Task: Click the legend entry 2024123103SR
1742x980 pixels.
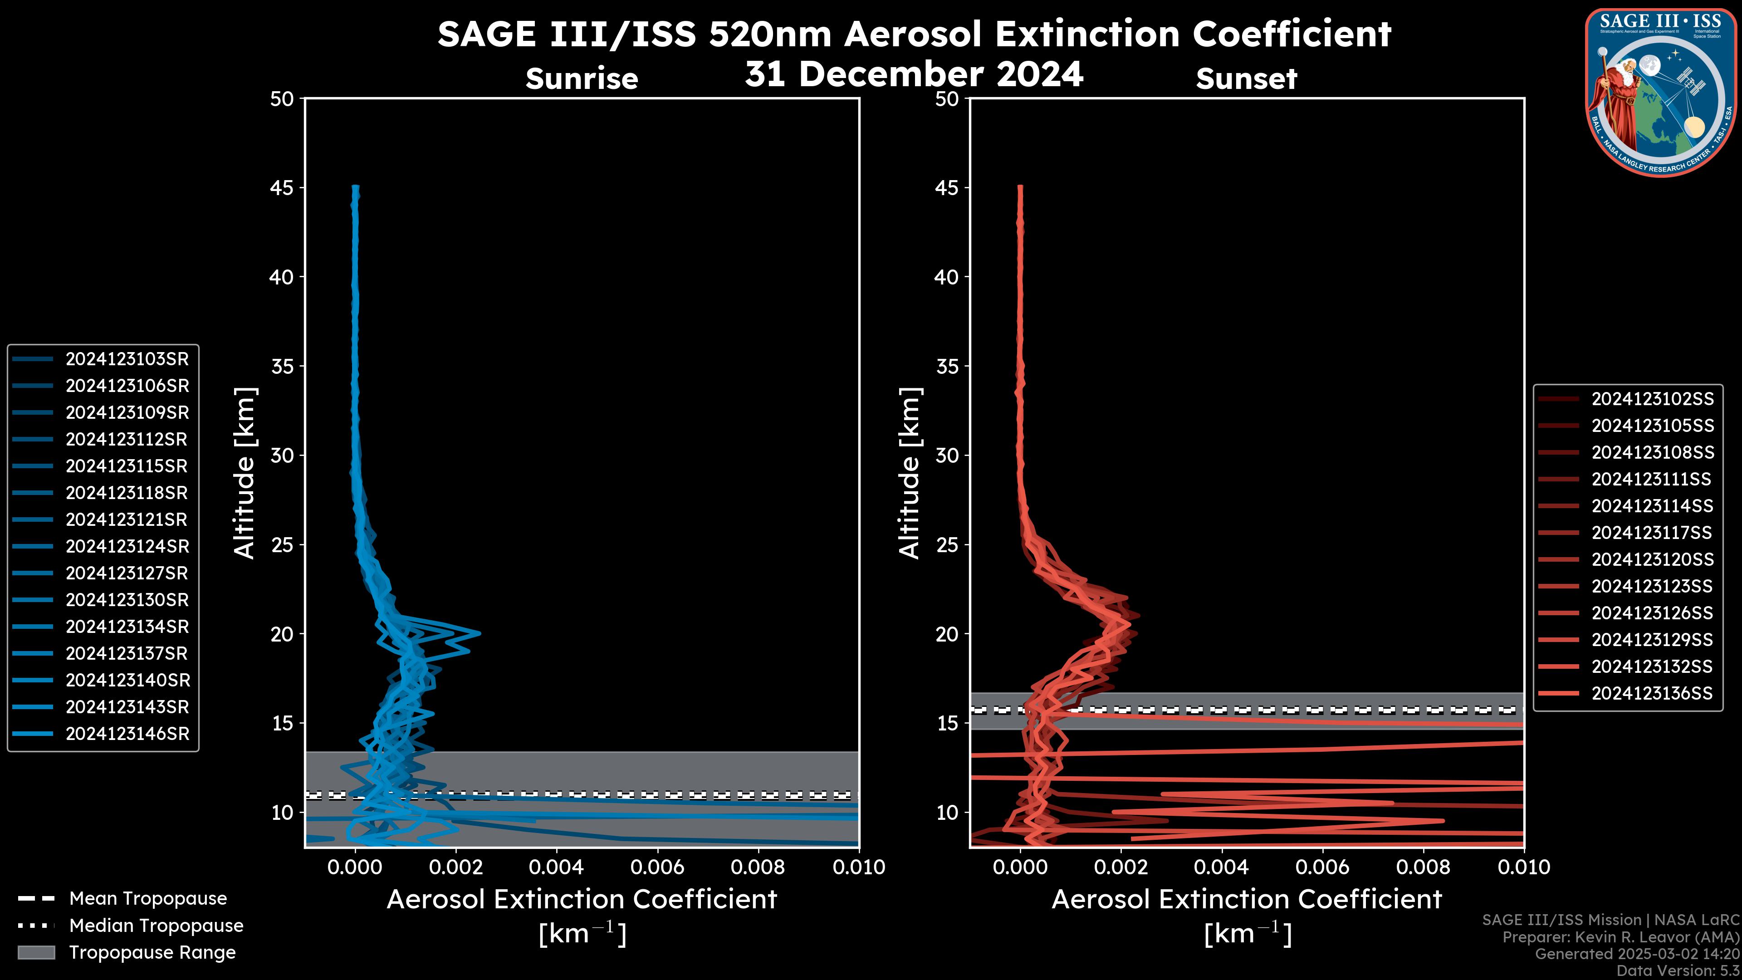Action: [x=127, y=359]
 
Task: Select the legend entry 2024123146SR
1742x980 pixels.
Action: [x=127, y=734]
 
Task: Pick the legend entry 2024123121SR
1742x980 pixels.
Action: [x=127, y=519]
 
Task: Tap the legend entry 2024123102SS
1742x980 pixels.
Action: [x=1652, y=399]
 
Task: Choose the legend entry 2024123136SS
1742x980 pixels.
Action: [x=1652, y=693]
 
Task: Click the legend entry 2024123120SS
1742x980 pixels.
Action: [x=1652, y=559]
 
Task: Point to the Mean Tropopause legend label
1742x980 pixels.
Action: [x=148, y=899]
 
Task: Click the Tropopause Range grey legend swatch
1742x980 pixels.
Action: [x=36, y=952]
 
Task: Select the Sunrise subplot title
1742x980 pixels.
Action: [x=582, y=79]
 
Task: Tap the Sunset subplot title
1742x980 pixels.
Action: [x=1246, y=79]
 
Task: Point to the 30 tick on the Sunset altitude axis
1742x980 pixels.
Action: [x=947, y=456]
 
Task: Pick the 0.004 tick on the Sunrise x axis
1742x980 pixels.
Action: [x=556, y=867]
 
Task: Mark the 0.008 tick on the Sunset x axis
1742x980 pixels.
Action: [x=1424, y=867]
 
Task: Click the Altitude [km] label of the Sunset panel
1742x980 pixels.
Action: [x=910, y=473]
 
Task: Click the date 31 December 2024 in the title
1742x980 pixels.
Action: [x=914, y=74]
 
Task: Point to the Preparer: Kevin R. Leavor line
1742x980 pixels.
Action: [x=1620, y=937]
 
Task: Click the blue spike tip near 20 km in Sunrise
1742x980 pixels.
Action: [x=480, y=634]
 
